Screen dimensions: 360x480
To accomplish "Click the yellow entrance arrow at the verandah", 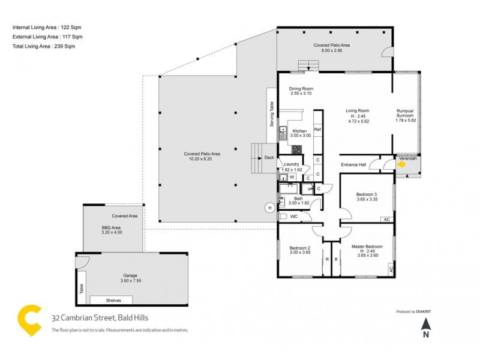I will (401, 161).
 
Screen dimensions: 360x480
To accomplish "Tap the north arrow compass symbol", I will (425, 326).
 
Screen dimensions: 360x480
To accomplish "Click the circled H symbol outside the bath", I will (270, 208).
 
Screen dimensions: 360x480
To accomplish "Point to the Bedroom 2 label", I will (299, 248).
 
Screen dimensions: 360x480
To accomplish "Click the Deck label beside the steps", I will (268, 158).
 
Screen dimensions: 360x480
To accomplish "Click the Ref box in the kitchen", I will (317, 130).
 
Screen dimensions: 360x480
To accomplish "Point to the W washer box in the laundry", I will (292, 177).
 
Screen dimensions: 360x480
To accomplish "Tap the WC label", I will (294, 216).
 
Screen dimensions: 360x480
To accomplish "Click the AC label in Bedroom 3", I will (386, 220).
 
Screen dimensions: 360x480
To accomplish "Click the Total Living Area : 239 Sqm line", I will (44, 46).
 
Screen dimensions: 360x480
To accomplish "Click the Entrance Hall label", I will (353, 164).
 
